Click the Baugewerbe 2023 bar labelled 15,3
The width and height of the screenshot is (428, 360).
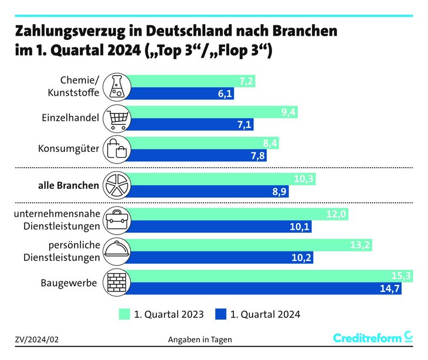pos(264,276)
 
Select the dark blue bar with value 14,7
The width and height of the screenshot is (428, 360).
pos(264,288)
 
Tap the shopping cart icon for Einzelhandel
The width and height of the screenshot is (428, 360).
pos(116,118)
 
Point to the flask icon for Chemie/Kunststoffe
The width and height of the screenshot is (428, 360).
pos(116,87)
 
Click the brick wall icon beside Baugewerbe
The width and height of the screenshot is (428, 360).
pos(116,283)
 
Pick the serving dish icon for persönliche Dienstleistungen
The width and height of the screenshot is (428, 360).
pos(116,251)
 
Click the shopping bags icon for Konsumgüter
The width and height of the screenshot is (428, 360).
pos(116,149)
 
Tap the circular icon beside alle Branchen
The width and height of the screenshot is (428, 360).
pos(116,185)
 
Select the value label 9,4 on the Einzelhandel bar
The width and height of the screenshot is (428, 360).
pos(288,112)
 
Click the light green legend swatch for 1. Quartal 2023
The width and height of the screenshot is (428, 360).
pos(125,314)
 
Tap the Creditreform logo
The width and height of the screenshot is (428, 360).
pos(372,338)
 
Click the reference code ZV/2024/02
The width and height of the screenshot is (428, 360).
pos(37,339)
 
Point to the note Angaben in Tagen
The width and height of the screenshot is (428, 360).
pos(200,339)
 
